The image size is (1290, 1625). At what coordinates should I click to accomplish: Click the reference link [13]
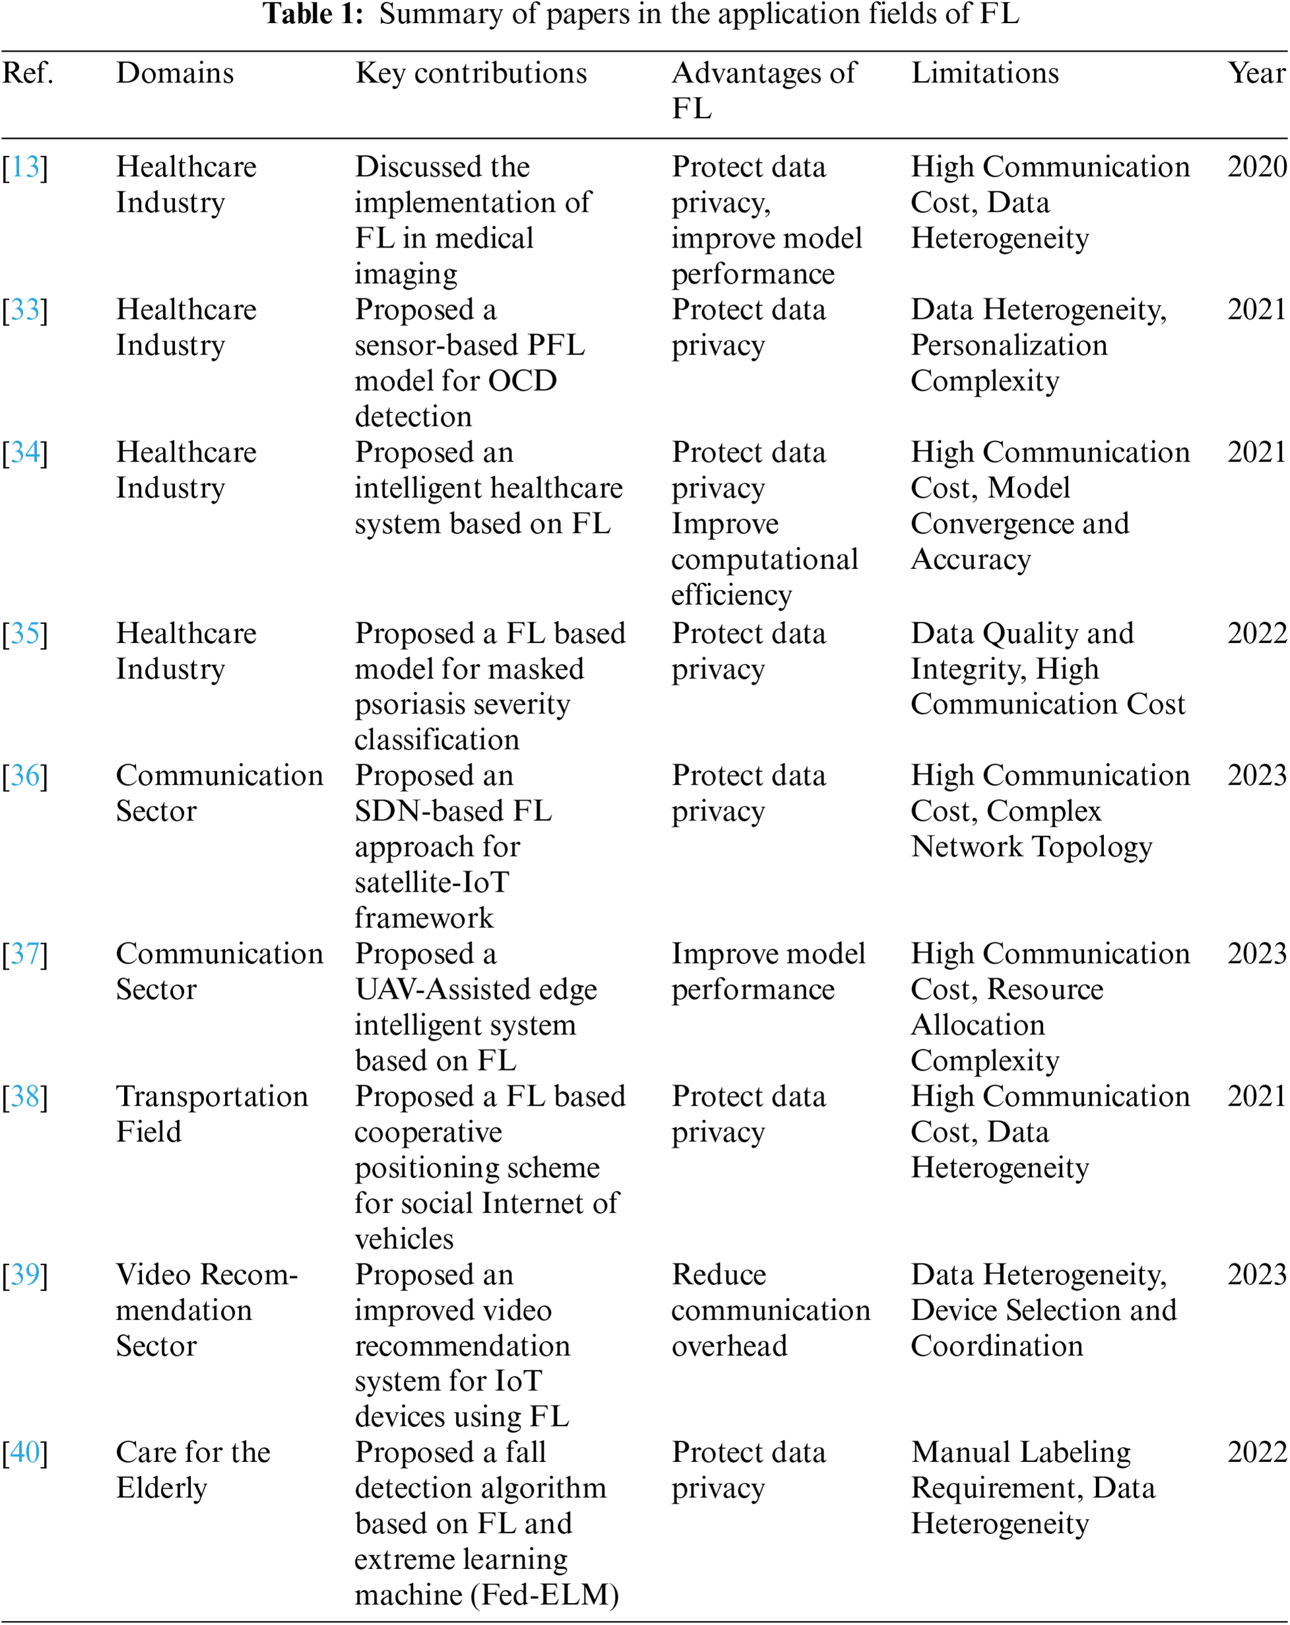[25, 166]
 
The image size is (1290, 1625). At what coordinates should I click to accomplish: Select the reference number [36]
[25, 775]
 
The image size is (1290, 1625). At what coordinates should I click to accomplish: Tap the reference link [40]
[25, 1451]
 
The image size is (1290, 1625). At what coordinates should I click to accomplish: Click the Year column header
[1256, 73]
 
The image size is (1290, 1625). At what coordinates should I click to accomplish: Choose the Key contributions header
[471, 73]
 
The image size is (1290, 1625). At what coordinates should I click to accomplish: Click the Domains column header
[175, 73]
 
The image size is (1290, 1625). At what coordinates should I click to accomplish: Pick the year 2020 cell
[1256, 166]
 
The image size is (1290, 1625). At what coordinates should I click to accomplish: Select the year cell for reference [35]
[1256, 633]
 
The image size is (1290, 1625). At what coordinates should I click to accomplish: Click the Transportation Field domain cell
[212, 1113]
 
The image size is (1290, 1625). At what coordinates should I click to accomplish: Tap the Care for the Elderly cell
[193, 1469]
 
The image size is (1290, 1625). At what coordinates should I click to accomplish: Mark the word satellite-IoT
[432, 882]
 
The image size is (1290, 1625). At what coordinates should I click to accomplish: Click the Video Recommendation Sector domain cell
[207, 1310]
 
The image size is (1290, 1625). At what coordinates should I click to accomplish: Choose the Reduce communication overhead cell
[770, 1310]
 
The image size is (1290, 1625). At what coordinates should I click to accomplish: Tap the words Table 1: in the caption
[313, 15]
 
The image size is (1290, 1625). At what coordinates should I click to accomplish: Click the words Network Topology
[1031, 846]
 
